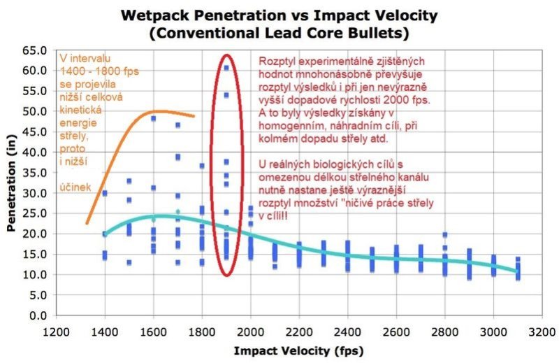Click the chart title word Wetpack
[155, 14]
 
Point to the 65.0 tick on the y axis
[36, 50]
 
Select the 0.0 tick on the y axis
[38, 315]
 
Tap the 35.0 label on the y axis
[36, 173]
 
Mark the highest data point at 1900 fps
[226, 68]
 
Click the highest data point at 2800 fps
[444, 235]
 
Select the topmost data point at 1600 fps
[153, 119]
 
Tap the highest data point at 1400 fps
[105, 193]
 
